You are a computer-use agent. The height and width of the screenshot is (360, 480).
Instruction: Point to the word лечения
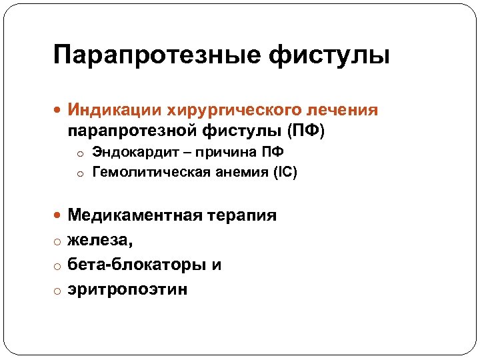point(347,109)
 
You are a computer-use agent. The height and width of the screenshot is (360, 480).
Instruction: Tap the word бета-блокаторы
point(137,265)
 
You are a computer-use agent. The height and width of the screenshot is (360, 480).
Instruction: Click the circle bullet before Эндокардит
point(80,154)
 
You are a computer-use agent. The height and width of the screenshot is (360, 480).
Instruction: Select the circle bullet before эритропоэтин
point(59,290)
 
